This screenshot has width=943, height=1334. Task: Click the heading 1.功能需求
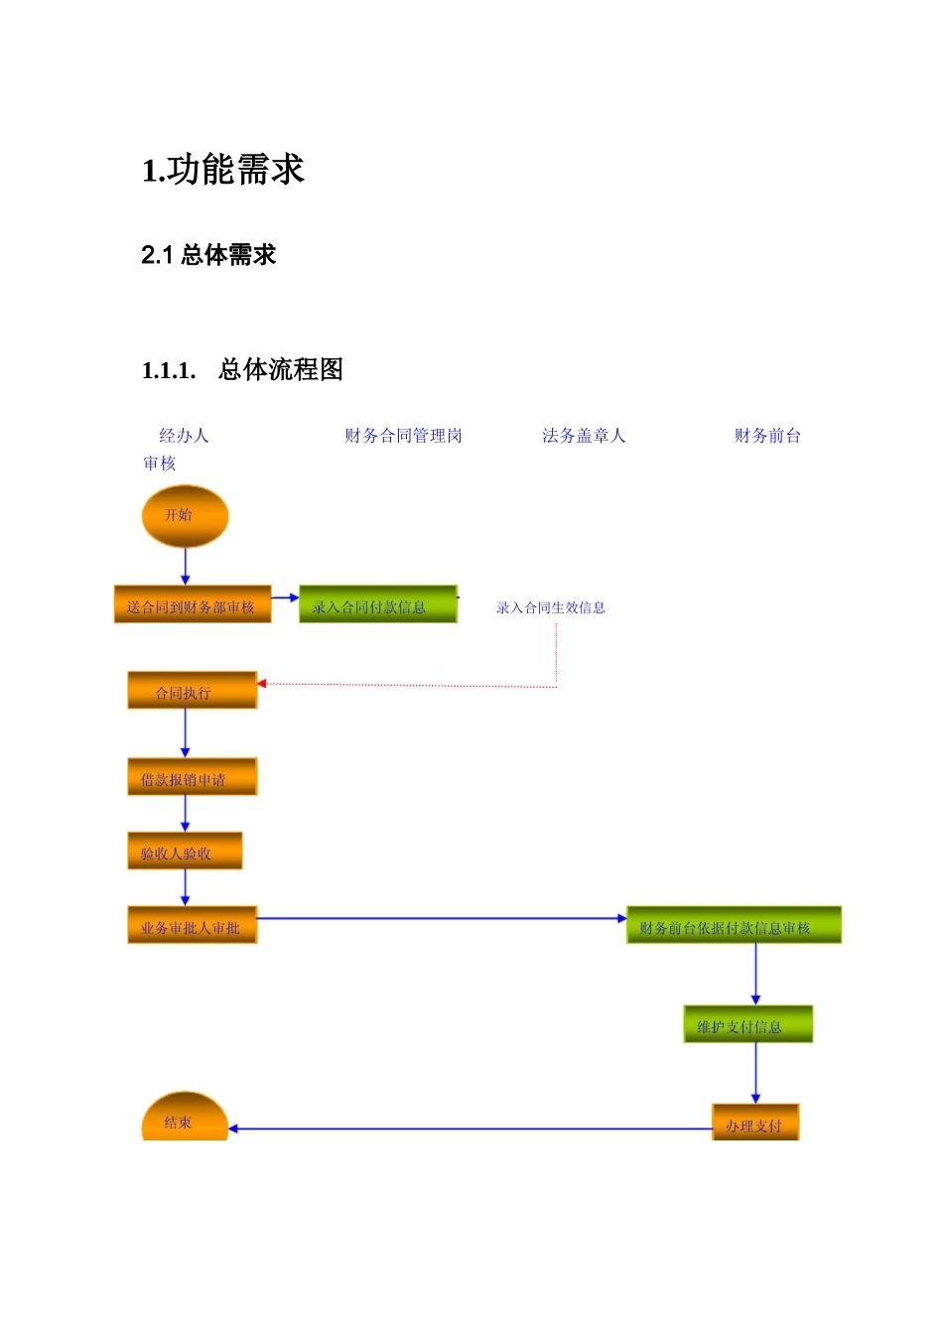point(223,170)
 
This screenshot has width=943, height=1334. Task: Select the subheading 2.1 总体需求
point(208,255)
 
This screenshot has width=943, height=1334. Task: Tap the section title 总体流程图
point(280,370)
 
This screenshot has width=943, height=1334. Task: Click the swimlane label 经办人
point(184,436)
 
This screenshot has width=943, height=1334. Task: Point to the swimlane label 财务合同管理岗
point(403,436)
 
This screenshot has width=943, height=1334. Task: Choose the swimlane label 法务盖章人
point(584,436)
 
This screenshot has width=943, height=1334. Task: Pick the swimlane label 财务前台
point(767,436)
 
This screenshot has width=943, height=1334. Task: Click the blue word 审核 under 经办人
point(159,464)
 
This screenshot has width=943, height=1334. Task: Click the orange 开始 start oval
point(185,516)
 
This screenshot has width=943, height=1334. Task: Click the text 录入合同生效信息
point(551,607)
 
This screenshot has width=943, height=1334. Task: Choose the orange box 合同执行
point(192,691)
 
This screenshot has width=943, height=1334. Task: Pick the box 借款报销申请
point(192,777)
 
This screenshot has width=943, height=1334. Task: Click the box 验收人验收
point(185,852)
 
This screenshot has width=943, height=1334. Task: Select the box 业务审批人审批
point(192,926)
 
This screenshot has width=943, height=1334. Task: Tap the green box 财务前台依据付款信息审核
point(734,926)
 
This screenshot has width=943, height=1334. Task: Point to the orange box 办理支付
point(754,1124)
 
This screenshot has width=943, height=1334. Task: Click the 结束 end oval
point(185,1119)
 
